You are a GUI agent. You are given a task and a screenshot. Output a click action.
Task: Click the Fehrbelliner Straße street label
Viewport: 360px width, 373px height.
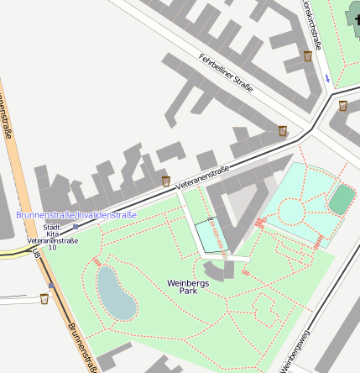click(226, 72)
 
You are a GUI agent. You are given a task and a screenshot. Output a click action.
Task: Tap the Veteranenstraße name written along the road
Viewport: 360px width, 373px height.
click(202, 175)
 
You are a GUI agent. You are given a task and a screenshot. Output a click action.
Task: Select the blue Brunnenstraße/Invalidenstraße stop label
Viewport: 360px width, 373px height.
click(76, 215)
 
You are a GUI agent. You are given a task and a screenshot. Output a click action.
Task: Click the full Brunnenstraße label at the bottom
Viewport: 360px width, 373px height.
click(83, 348)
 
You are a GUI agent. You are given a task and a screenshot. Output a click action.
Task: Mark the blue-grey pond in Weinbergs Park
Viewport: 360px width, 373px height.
click(116, 293)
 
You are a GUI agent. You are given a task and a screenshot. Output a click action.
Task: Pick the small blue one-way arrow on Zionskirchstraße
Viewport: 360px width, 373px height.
click(327, 77)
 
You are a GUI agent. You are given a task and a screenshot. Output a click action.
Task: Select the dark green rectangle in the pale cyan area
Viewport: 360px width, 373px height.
click(342, 200)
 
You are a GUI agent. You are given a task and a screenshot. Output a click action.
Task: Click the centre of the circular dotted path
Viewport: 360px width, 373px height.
click(291, 211)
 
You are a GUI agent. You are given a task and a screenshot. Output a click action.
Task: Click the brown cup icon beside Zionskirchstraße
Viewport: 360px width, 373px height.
click(308, 56)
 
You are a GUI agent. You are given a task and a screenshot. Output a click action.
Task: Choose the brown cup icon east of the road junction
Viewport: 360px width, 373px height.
click(343, 106)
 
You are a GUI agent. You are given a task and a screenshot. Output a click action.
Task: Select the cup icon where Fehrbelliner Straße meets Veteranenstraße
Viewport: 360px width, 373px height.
click(283, 131)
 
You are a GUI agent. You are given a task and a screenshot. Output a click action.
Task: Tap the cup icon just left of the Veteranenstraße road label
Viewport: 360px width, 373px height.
click(166, 181)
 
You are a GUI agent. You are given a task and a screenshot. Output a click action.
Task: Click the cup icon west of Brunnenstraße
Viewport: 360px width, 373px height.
click(44, 298)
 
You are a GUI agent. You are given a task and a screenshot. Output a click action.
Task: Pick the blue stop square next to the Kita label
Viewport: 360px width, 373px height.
click(76, 227)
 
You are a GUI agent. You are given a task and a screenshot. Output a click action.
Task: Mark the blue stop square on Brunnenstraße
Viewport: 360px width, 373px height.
click(51, 286)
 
